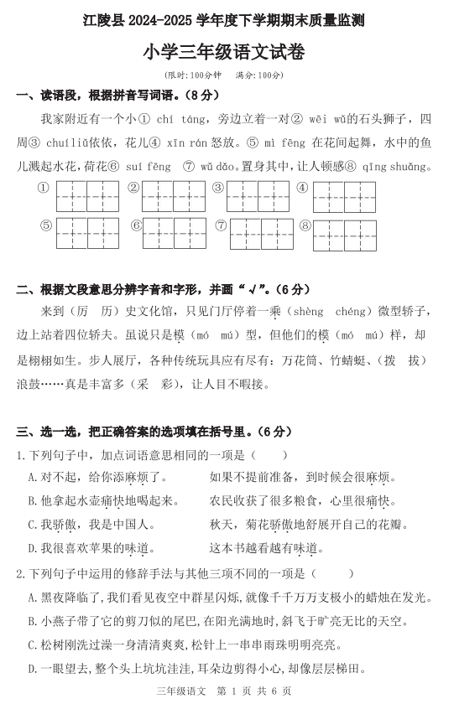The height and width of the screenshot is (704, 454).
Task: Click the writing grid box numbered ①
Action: (x=87, y=196)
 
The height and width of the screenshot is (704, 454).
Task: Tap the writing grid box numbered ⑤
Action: (x=87, y=235)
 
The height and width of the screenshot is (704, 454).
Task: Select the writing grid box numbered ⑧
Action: (x=348, y=235)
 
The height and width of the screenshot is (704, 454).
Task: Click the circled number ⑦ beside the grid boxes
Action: (x=221, y=225)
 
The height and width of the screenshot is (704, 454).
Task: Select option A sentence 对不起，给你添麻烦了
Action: (x=99, y=478)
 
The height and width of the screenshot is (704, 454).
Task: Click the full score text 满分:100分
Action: (x=261, y=75)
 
